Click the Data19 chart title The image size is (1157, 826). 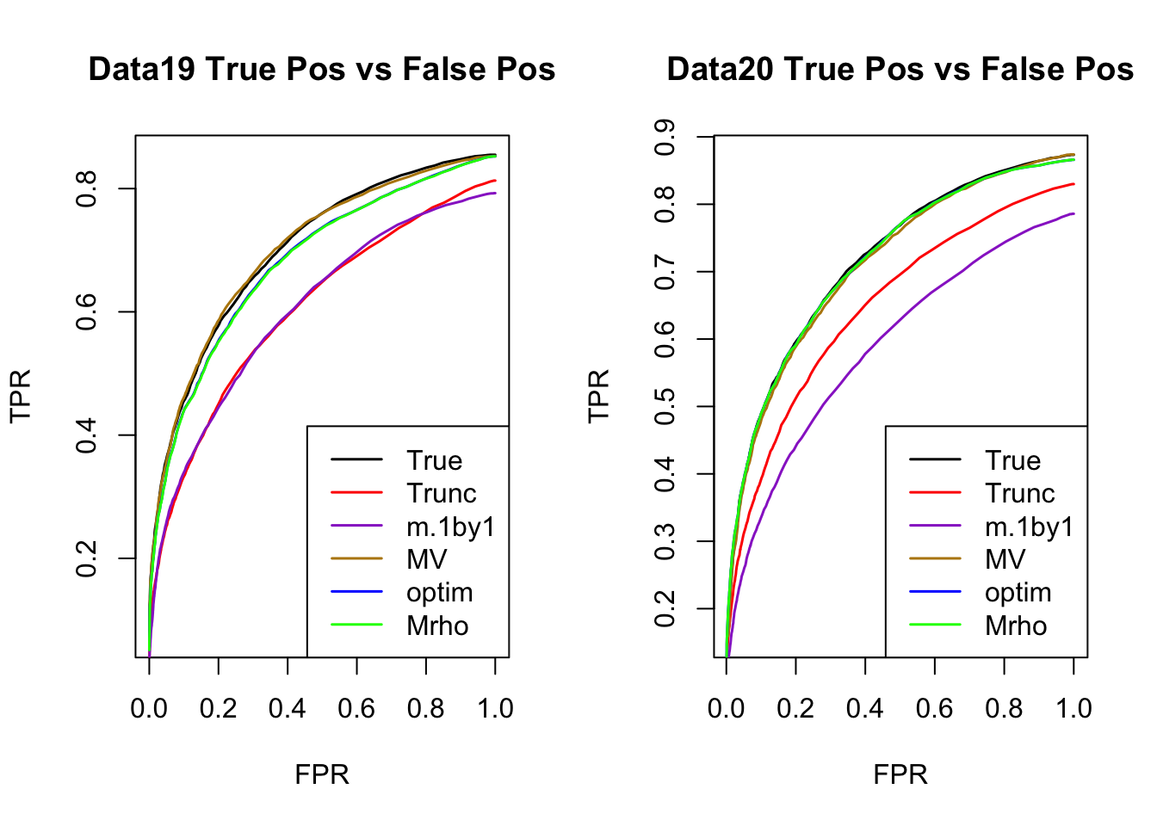tap(322, 70)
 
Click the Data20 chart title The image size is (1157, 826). tap(900, 70)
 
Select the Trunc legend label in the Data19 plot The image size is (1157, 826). tap(442, 494)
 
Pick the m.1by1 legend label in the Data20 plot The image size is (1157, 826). tap(1030, 527)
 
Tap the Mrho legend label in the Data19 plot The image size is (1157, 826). tap(437, 626)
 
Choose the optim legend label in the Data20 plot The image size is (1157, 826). tap(1018, 593)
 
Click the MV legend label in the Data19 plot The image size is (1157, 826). tap(427, 560)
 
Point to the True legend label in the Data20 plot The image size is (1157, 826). tap(1013, 461)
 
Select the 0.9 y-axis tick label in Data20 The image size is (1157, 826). tap(665, 137)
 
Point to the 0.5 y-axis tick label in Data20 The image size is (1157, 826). tap(665, 406)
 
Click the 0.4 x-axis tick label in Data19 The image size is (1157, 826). tap(288, 709)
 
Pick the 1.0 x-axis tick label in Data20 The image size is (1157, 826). tap(1073, 709)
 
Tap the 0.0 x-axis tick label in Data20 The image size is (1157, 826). tap(726, 709)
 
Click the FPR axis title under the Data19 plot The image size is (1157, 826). tap(322, 775)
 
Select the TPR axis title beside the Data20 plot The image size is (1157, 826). tap(599, 396)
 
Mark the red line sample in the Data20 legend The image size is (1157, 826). tap(935, 493)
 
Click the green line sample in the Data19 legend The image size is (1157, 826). tap(356, 626)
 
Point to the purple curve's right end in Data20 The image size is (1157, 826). tap(1073, 213)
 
